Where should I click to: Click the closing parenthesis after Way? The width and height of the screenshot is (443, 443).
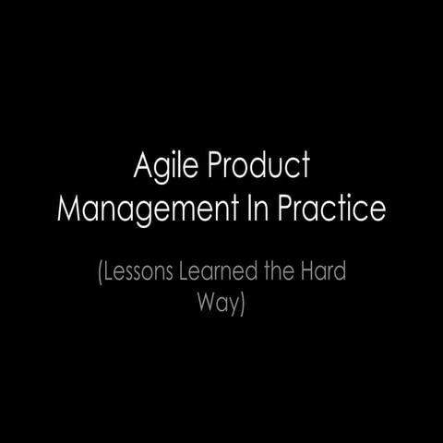[243, 305]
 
